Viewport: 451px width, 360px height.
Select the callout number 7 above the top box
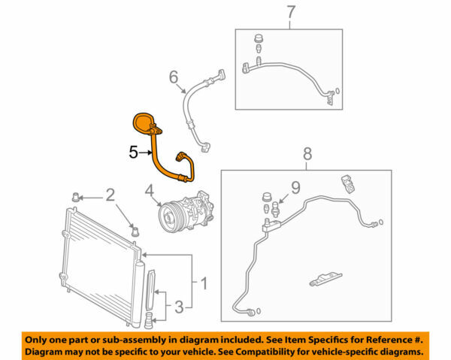(x=292, y=13)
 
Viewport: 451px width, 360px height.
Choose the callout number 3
(x=178, y=306)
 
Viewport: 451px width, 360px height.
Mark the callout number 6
(x=173, y=76)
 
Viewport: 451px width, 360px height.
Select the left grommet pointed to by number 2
(x=75, y=198)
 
